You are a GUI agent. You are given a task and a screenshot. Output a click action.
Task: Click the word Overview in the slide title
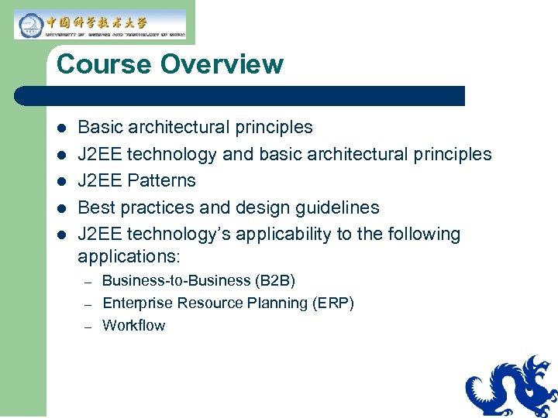[x=222, y=64]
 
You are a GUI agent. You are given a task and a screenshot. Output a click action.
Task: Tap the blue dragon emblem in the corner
[x=512, y=386]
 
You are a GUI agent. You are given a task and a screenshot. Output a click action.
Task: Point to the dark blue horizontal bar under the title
[x=240, y=96]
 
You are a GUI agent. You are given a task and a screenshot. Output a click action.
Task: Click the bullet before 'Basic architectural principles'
[x=62, y=128]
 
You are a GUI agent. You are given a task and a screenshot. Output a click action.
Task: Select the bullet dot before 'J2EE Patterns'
[x=62, y=181]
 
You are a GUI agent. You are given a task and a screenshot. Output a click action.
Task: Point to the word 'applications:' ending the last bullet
[x=129, y=256]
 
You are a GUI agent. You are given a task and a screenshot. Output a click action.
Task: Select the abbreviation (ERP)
[x=332, y=303]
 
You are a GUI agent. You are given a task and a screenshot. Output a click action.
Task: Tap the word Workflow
[x=134, y=325]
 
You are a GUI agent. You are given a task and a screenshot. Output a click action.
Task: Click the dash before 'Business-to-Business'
[x=88, y=281]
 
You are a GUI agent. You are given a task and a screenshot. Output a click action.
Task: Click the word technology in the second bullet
[x=171, y=154]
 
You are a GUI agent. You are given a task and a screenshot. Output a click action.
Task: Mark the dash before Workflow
[x=88, y=326]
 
